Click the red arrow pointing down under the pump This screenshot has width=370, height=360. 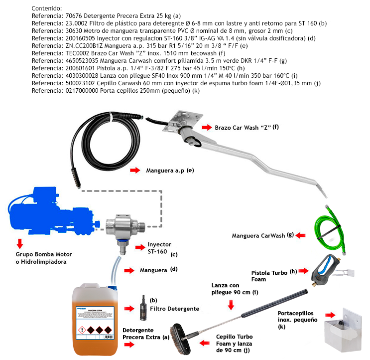pos(20,243)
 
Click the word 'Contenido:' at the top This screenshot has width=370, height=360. pos(46,8)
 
